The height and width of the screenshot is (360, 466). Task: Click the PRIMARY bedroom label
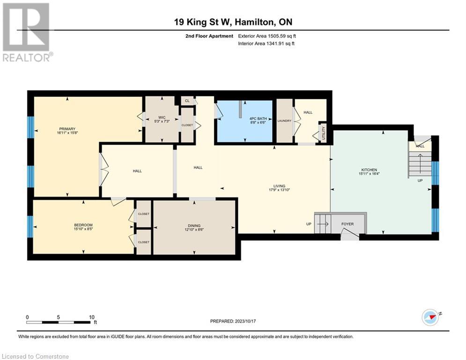pos(67,129)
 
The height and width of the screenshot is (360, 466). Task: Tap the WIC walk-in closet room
pos(161,120)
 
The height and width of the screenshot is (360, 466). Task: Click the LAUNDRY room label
pos(284,121)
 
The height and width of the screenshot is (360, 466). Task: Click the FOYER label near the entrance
pos(348,224)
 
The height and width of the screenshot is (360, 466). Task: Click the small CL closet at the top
pos(187,101)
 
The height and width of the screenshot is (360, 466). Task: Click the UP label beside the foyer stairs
pos(309,224)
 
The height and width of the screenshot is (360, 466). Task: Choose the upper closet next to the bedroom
pos(143,214)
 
